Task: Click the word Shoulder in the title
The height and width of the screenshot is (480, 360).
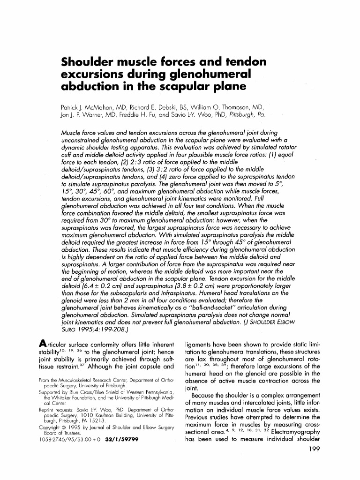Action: point(91,62)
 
